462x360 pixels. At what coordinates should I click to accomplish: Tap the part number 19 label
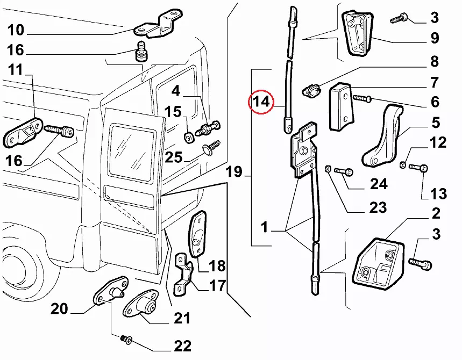(234, 173)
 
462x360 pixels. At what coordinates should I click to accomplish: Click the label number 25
(174, 157)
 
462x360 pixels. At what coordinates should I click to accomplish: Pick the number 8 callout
(433, 62)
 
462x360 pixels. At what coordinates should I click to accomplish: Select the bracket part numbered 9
(356, 34)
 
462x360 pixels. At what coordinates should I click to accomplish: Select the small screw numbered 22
(126, 339)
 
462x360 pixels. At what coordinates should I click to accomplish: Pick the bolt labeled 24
(343, 172)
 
